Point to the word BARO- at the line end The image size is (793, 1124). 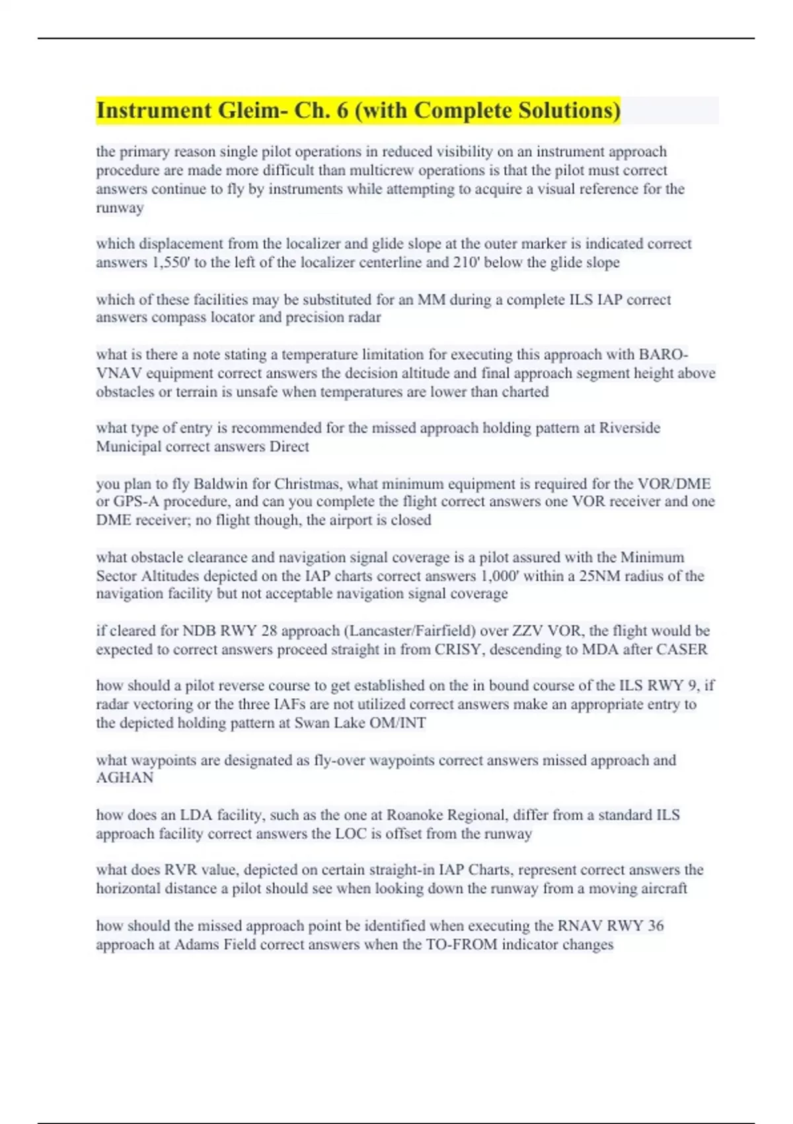(663, 354)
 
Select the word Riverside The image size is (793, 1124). (629, 428)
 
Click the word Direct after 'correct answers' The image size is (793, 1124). (289, 446)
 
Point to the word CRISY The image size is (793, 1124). (459, 649)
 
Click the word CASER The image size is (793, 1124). (681, 649)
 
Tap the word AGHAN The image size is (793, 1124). (124, 778)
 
